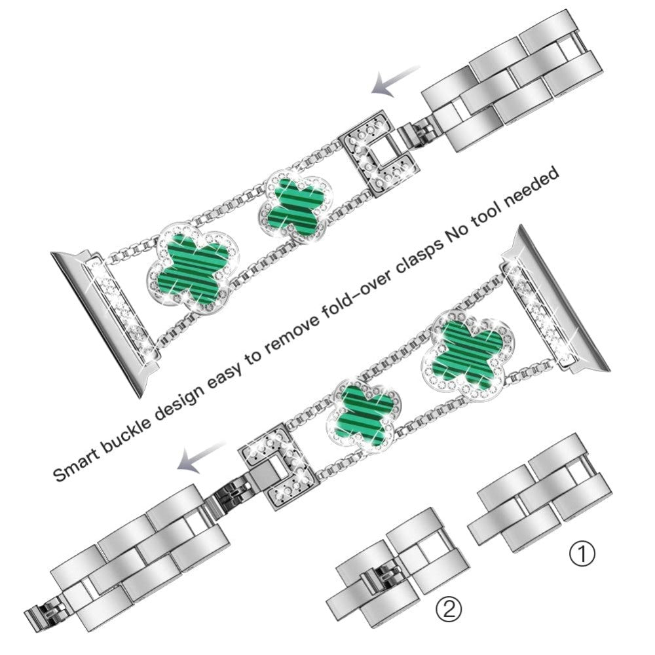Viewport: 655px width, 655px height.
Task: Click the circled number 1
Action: [582, 554]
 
